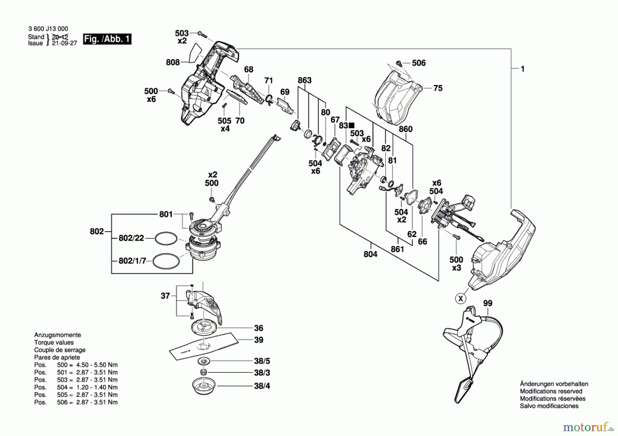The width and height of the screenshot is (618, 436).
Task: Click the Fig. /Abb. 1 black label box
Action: tap(107, 39)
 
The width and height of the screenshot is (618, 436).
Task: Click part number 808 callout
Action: tap(173, 62)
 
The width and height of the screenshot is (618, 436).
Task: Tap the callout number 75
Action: tap(438, 88)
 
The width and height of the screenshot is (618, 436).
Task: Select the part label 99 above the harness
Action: tap(488, 303)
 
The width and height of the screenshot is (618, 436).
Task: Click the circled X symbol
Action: tap(461, 298)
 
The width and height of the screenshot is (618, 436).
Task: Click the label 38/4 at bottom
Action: tap(262, 386)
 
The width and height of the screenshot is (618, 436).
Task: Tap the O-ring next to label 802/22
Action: tap(166, 238)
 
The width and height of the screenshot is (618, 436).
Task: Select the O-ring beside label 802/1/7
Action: tap(166, 262)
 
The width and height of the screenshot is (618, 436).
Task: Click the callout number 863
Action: tap(305, 80)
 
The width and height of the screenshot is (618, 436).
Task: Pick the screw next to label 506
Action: tap(399, 63)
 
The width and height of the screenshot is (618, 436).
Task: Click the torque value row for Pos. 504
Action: tap(76, 387)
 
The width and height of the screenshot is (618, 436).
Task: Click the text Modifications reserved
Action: tap(551, 391)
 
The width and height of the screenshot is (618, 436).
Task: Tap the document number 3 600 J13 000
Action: tap(48, 29)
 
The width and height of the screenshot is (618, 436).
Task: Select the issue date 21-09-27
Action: tap(64, 43)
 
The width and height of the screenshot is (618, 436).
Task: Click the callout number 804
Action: tap(370, 254)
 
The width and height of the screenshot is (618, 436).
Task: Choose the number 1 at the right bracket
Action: tap(523, 69)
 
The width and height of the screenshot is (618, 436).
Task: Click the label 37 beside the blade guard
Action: tap(165, 296)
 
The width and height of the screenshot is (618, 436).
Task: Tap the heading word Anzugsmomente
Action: tap(58, 335)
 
